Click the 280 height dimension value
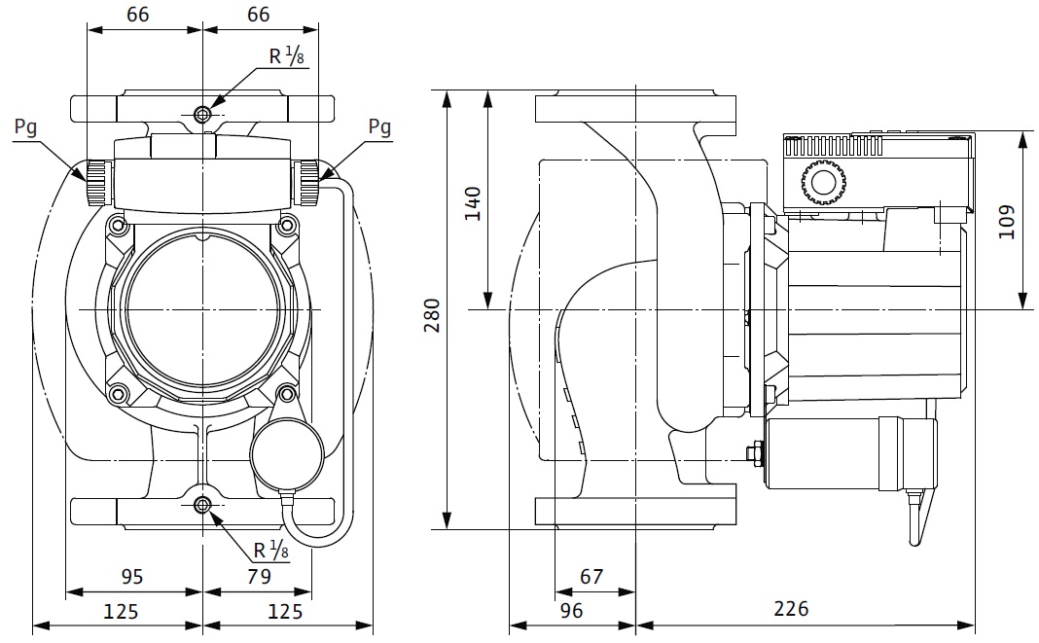point(432,314)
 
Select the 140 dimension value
point(473,203)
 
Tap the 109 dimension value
point(1006,222)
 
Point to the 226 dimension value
point(790,609)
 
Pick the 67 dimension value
point(591,576)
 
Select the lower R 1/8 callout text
point(271,551)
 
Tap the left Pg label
point(27,127)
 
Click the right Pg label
point(379,127)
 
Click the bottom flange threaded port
point(202,505)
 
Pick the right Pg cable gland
point(308,182)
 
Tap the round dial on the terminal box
point(823,183)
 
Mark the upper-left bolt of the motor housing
point(119,226)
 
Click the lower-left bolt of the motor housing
point(119,393)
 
